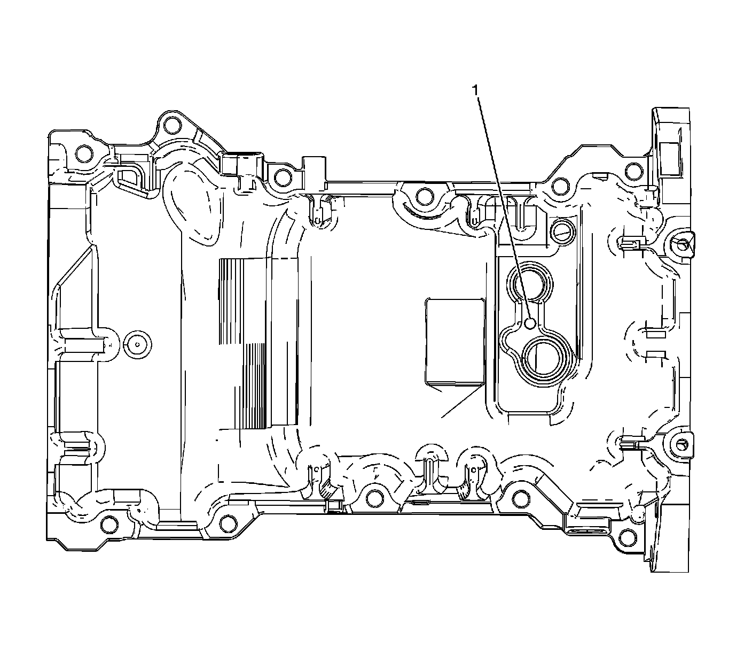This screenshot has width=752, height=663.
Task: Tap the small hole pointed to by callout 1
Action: point(530,323)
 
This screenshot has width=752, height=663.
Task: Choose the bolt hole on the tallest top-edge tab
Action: point(171,125)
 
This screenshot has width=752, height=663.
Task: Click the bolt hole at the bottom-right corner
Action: point(628,535)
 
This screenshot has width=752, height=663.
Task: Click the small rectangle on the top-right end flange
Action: point(669,159)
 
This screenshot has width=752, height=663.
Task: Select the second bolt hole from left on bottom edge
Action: point(228,521)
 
